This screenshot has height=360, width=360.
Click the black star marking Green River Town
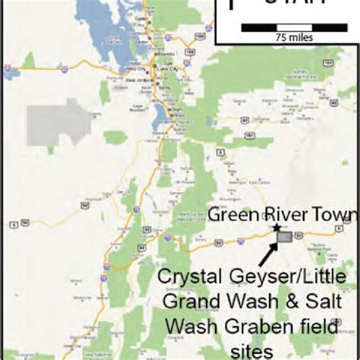click(x=277, y=227)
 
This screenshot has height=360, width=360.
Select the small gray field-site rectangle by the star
click(x=285, y=237)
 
